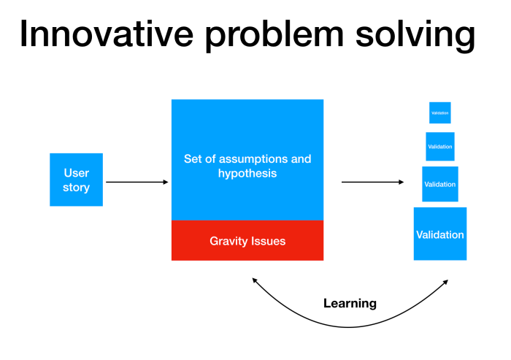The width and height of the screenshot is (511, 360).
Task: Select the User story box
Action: point(76,180)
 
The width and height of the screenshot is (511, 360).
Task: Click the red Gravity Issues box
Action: point(247,240)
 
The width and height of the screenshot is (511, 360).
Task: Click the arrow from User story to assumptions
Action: point(137,182)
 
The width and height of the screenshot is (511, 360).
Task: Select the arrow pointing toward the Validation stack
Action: point(372,182)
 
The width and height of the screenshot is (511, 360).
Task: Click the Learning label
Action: point(350,303)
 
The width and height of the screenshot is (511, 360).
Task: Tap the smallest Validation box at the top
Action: point(439,112)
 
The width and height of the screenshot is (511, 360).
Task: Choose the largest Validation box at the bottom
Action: point(439,234)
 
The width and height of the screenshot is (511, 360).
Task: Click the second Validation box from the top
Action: point(439,147)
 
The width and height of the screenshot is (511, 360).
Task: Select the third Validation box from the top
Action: point(439,184)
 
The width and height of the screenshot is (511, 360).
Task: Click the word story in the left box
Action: point(76,188)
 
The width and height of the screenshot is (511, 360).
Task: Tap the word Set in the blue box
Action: point(193,158)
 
